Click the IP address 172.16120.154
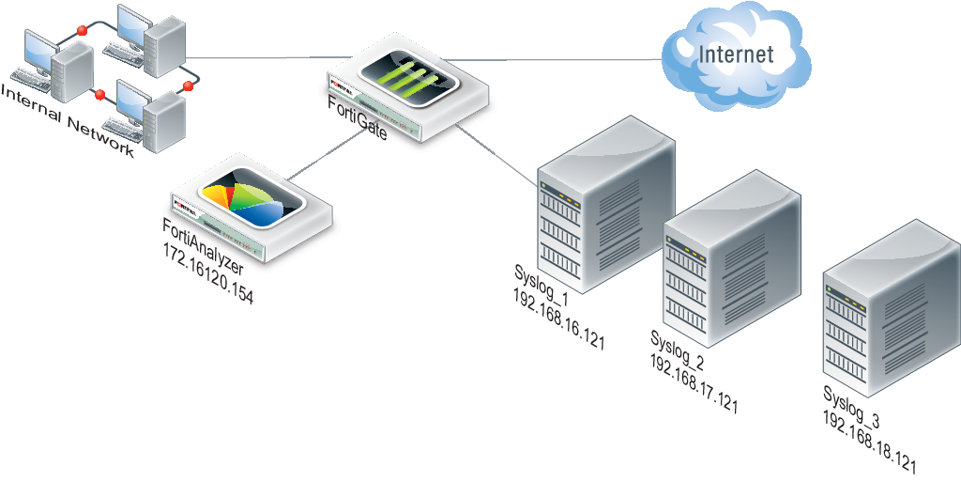[208, 276]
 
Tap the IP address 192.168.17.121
[694, 384]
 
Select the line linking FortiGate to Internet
[563, 60]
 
